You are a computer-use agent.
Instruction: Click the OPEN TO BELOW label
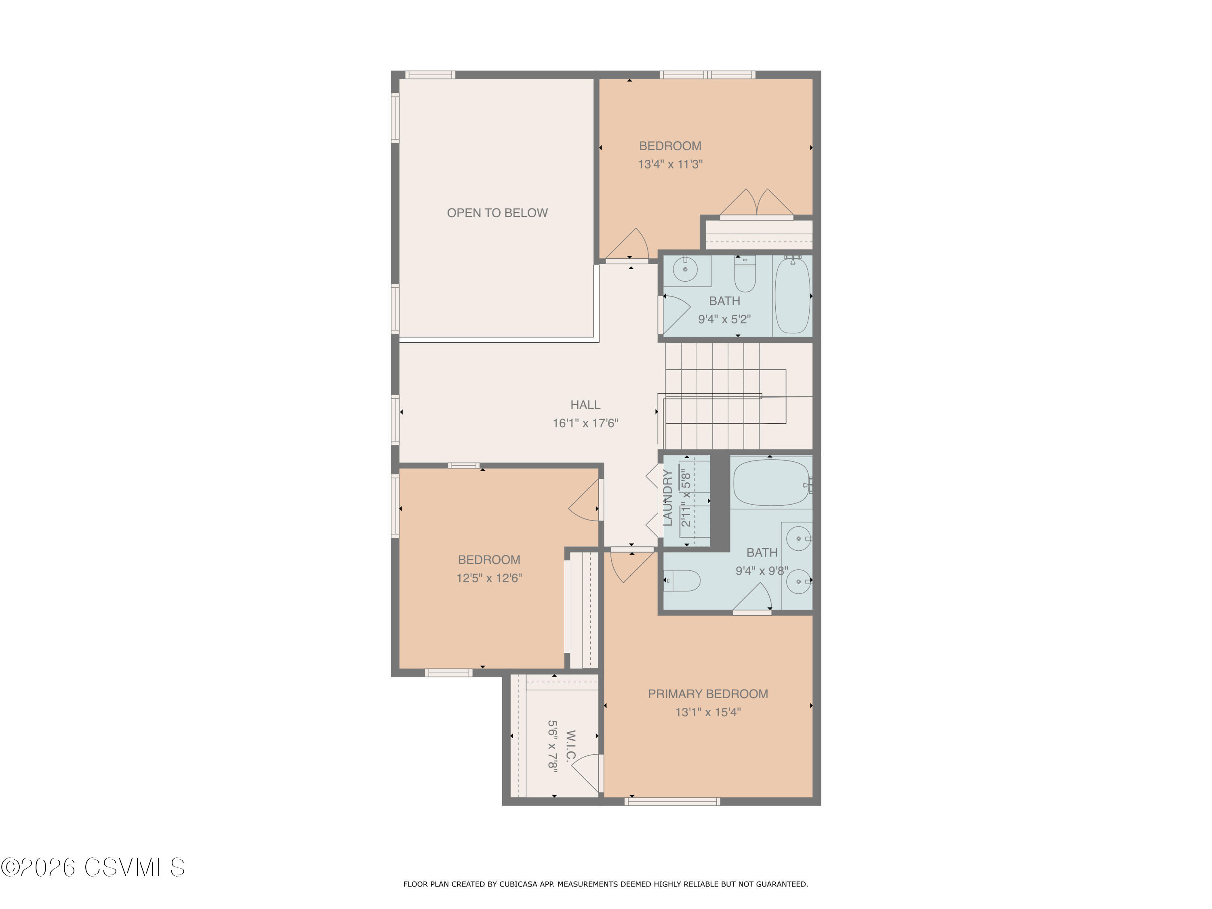coord(497,213)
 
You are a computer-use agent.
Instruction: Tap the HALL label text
coord(585,405)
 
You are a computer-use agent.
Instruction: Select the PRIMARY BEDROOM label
coord(708,694)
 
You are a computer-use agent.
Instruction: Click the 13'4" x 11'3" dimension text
coord(670,164)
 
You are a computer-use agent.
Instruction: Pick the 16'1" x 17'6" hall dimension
coord(585,423)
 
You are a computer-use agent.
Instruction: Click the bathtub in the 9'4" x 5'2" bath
coord(792,295)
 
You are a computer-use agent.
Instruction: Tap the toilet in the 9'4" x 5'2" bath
coord(745,274)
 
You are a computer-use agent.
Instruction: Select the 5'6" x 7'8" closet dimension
coord(553,746)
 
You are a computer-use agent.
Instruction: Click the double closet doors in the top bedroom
coord(757,203)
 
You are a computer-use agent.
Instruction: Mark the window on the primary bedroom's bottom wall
coord(672,802)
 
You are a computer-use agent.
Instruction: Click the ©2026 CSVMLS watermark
coord(93,867)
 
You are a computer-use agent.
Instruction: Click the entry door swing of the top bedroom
coord(627,244)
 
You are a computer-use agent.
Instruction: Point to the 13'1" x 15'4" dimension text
coord(708,712)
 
